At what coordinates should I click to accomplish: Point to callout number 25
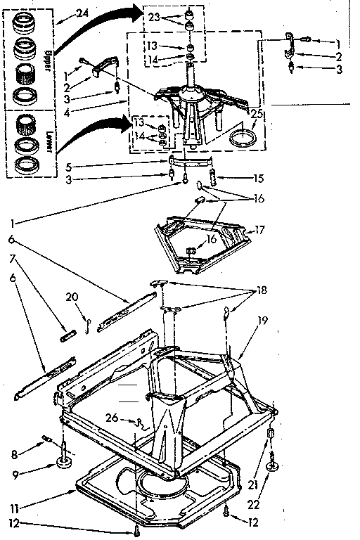pyautogui.click(x=255, y=113)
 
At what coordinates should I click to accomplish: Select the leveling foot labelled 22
pyautogui.click(x=272, y=465)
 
